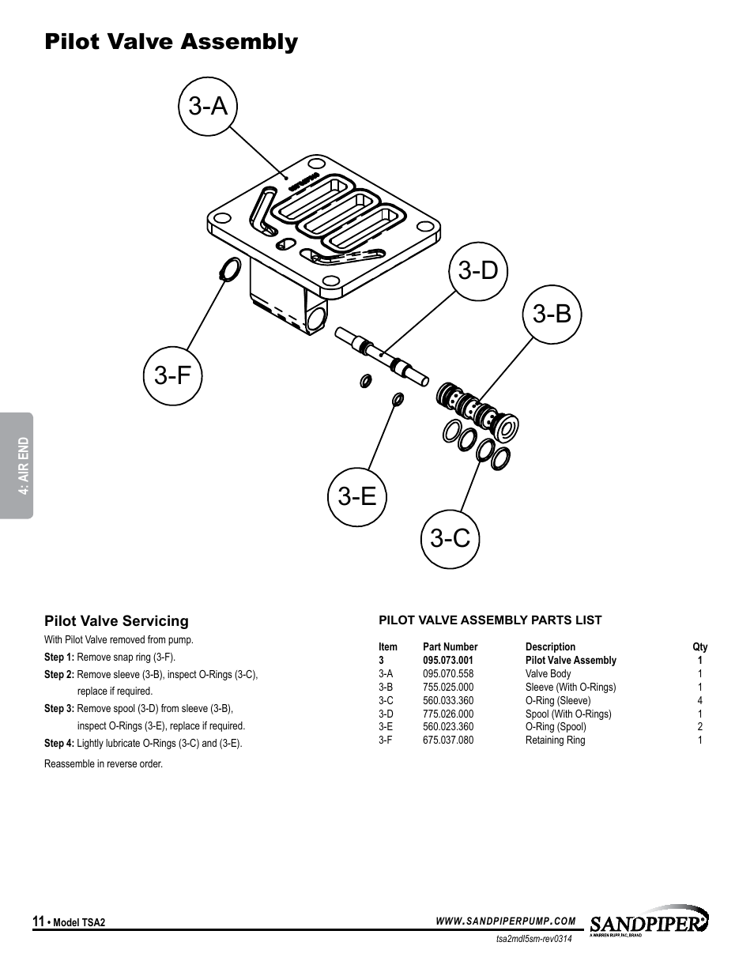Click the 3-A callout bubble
(209, 106)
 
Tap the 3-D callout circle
(478, 271)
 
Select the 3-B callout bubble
(552, 315)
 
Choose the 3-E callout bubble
(357, 497)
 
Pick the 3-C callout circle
(451, 539)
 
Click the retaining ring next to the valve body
(228, 270)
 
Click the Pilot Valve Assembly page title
(172, 42)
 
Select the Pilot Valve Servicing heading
(116, 621)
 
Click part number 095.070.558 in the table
(448, 674)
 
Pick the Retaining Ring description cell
(555, 740)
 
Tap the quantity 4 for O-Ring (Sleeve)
(699, 701)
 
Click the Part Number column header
(450, 647)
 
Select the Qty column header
(699, 647)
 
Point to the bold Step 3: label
(59, 709)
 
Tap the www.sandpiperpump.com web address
(506, 921)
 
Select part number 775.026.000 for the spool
(448, 714)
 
